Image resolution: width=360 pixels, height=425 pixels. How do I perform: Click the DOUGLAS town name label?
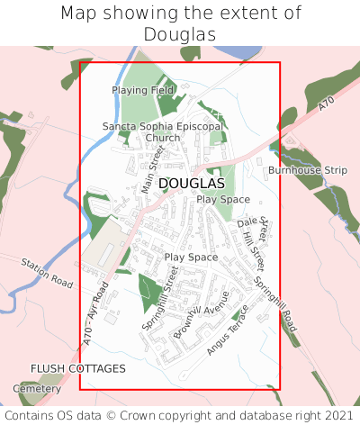191,183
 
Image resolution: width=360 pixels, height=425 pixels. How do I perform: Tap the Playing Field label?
142,91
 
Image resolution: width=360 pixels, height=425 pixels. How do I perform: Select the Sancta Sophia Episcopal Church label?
162,132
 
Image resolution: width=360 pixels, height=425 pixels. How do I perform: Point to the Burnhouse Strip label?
307,169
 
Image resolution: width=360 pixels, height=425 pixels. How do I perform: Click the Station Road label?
47,271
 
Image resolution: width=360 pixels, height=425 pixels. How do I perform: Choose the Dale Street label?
254,228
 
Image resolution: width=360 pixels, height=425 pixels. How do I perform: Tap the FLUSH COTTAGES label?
78,368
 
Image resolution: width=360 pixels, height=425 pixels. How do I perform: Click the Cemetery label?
37,388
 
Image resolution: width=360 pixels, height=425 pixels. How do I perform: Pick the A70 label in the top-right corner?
326,104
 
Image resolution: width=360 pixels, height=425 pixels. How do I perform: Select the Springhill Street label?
161,298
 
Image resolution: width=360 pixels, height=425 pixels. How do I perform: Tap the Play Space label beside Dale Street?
223,199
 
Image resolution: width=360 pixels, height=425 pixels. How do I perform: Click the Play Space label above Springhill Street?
191,258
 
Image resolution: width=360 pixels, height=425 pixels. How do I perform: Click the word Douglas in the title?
180,33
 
